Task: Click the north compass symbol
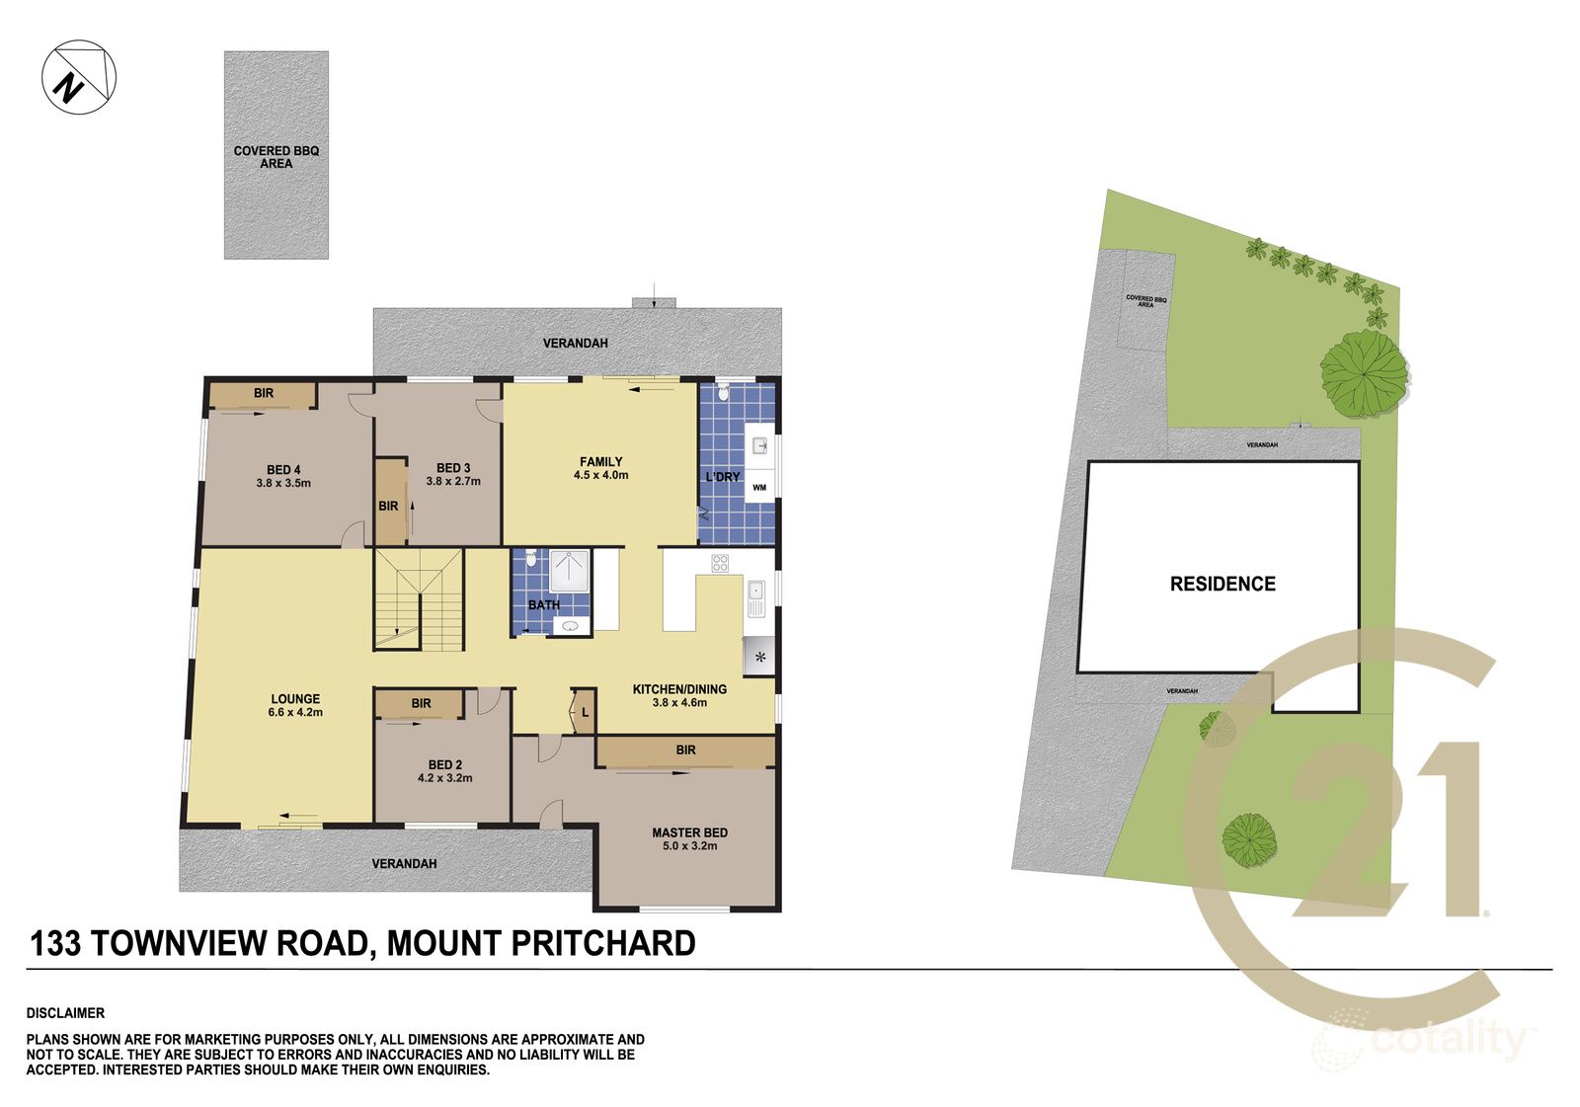click(79, 77)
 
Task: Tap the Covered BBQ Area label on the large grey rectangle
click(276, 157)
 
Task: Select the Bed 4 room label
click(283, 470)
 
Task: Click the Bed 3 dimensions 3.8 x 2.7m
click(453, 482)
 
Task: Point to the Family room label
click(600, 461)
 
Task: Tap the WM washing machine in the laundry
click(758, 487)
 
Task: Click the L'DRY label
click(722, 477)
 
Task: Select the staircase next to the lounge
click(418, 599)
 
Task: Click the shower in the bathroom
click(570, 571)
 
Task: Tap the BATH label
click(543, 605)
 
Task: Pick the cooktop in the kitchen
click(720, 564)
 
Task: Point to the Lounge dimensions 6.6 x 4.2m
click(295, 712)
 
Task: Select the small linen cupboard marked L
click(584, 711)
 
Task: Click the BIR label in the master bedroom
click(685, 751)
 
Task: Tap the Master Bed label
click(689, 832)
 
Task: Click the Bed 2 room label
click(445, 764)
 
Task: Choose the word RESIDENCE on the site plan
click(1223, 584)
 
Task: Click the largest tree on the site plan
click(1364, 371)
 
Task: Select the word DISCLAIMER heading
click(65, 1013)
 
